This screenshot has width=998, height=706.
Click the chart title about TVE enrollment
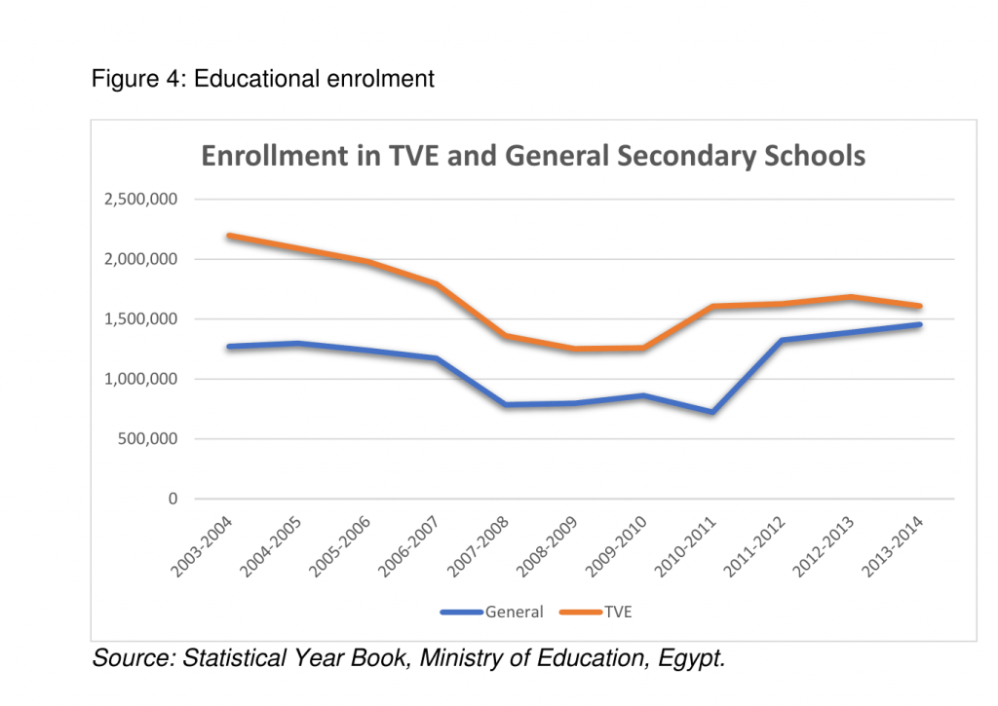click(533, 156)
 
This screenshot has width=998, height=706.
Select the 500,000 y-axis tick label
click(146, 439)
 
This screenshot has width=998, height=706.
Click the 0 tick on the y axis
click(173, 500)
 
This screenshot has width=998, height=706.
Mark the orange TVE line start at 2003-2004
click(227, 236)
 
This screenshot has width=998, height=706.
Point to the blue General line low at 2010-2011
click(712, 412)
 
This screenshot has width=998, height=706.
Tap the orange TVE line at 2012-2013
click(851, 297)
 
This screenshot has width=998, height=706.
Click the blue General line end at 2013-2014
click(919, 324)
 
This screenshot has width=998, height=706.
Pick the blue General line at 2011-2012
click(782, 340)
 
